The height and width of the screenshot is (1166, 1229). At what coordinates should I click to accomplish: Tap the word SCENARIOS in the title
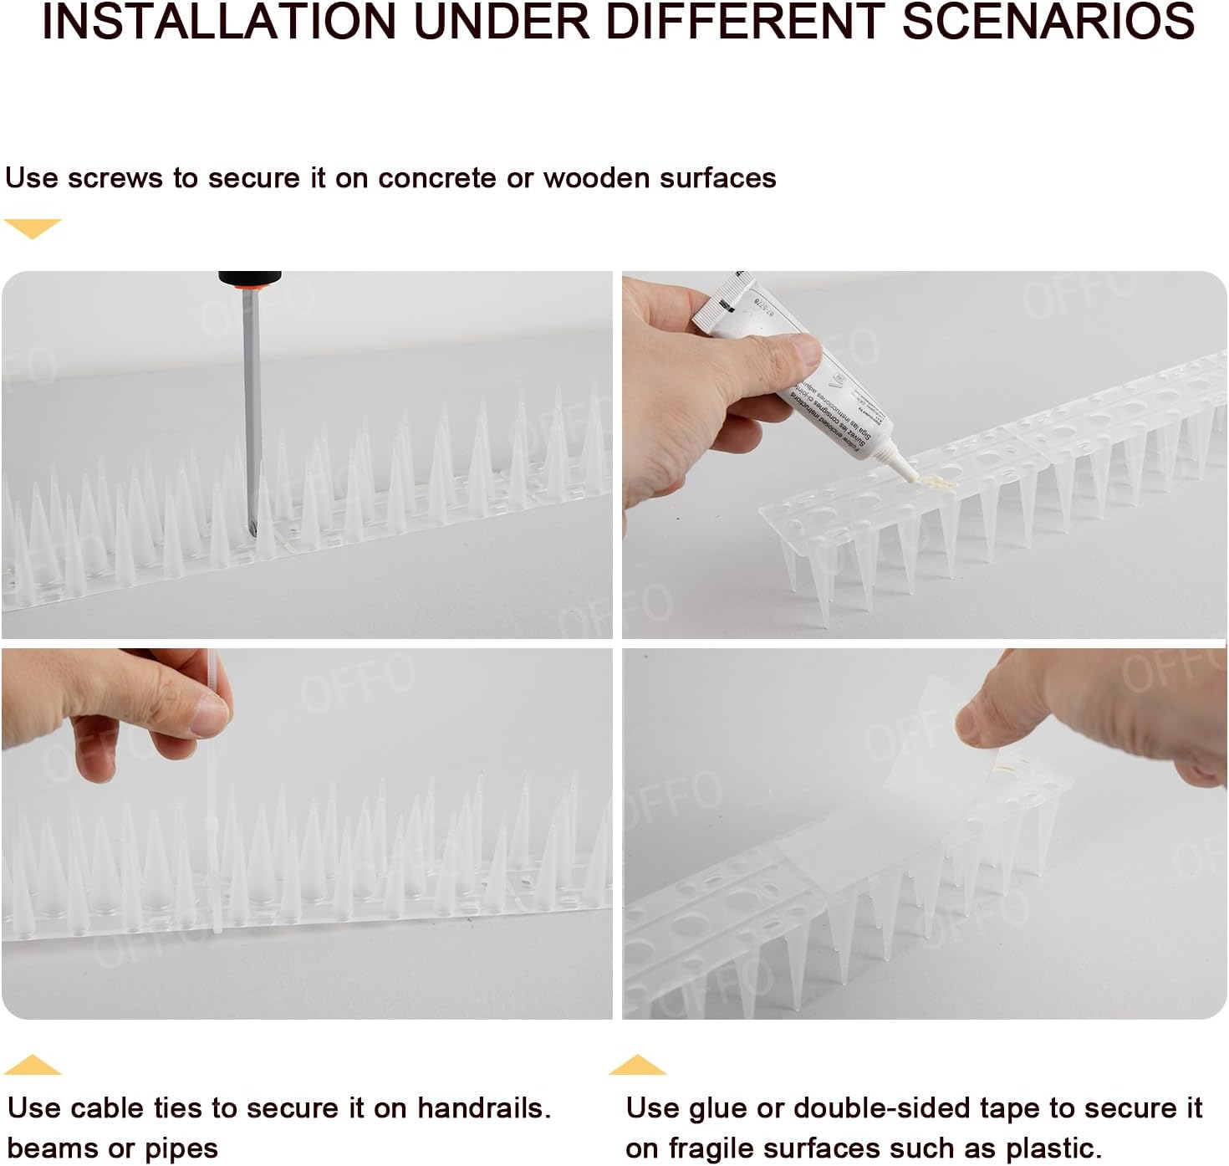[1048, 23]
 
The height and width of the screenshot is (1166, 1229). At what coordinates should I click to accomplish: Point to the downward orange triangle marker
[32, 228]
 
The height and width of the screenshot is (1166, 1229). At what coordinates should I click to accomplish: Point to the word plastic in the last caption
[1049, 1148]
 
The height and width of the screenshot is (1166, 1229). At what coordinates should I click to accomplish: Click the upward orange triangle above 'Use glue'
[637, 1066]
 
